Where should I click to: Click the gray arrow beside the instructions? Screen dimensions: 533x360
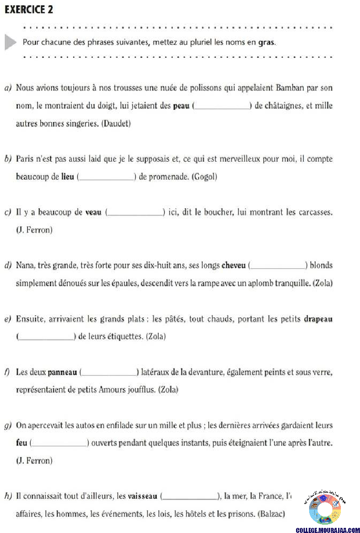click(x=10, y=42)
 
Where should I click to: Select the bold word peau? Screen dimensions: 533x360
click(x=181, y=106)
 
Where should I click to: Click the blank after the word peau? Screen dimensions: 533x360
click(x=222, y=106)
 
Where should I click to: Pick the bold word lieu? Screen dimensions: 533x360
click(x=68, y=177)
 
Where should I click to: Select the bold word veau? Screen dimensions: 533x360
click(x=93, y=213)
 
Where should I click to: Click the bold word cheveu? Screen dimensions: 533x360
click(x=234, y=266)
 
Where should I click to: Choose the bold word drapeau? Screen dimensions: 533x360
click(x=318, y=320)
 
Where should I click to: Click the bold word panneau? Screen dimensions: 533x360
click(x=62, y=372)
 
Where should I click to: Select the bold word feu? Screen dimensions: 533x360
click(x=21, y=442)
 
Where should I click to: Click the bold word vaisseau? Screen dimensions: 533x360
click(x=143, y=496)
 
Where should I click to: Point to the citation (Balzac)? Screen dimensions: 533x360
click(x=271, y=514)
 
